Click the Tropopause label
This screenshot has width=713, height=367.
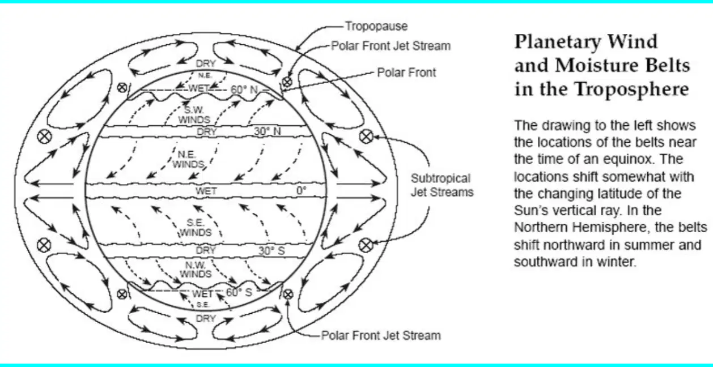coord(376,27)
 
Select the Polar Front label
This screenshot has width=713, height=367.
coord(406,72)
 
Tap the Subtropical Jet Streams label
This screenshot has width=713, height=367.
coord(442,185)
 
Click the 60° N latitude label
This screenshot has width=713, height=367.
coord(244,89)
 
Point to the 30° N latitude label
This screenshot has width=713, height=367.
coord(268,131)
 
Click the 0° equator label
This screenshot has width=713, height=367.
coord(302,190)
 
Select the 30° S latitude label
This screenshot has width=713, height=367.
coord(271,250)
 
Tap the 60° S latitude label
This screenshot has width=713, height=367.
coord(239,292)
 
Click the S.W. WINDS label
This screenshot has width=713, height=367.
coord(194,115)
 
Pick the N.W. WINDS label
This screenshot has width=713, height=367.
coord(196,270)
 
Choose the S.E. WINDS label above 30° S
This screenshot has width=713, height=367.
coord(196,228)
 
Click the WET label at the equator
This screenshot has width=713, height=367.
coord(206,191)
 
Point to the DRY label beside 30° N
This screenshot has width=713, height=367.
coord(206,131)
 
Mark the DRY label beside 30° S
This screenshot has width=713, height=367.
coord(206,250)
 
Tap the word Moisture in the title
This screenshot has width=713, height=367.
coord(597,65)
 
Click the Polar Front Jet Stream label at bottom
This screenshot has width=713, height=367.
coord(381,335)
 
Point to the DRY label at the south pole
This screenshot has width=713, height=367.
coord(206,318)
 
